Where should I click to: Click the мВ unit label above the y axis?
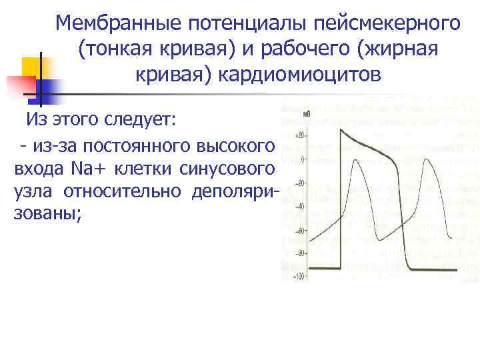(306, 115)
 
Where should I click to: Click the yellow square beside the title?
(32, 67)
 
